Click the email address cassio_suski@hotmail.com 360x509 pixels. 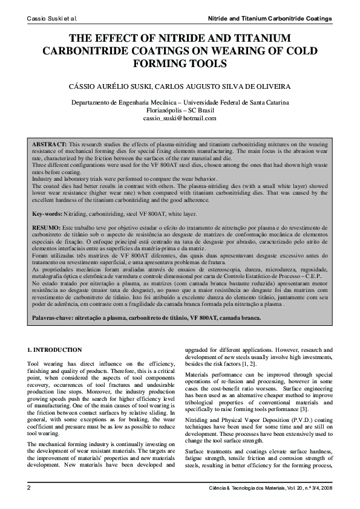click(x=180, y=119)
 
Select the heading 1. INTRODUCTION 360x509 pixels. click(x=55, y=350)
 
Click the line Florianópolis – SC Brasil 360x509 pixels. click(x=180, y=111)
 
